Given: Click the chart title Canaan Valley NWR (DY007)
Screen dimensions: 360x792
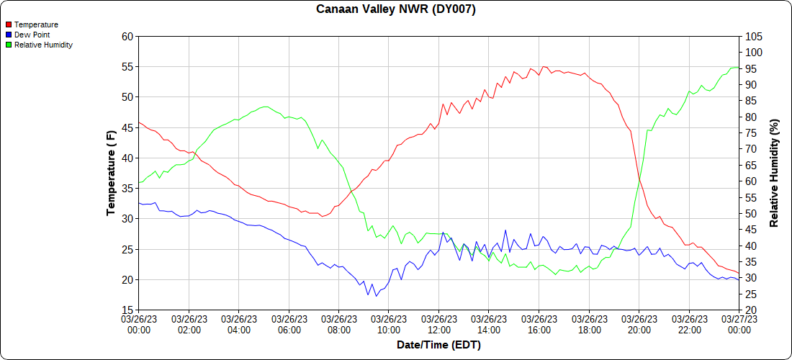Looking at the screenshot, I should coord(396,9).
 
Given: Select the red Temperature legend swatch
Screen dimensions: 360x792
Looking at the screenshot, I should coord(9,24).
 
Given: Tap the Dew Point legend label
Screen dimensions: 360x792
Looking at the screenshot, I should coord(32,35).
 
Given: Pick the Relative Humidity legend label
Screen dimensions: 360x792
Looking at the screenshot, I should coord(43,45).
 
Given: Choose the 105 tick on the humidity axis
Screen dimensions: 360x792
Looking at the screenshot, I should coord(754,36).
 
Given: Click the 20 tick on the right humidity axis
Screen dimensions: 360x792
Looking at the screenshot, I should coord(751,310).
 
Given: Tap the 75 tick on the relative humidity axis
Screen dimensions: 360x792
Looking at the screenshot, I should coord(751,132).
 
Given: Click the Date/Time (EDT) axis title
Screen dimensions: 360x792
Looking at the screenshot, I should coord(438,345).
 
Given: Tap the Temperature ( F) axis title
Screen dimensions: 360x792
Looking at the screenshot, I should coord(111,173).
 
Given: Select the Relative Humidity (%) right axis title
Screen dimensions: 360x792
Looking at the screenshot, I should coord(775,173).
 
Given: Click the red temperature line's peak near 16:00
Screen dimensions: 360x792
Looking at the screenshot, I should coord(544,66).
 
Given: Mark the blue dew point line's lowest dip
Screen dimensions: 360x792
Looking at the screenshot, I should coord(376,296).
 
